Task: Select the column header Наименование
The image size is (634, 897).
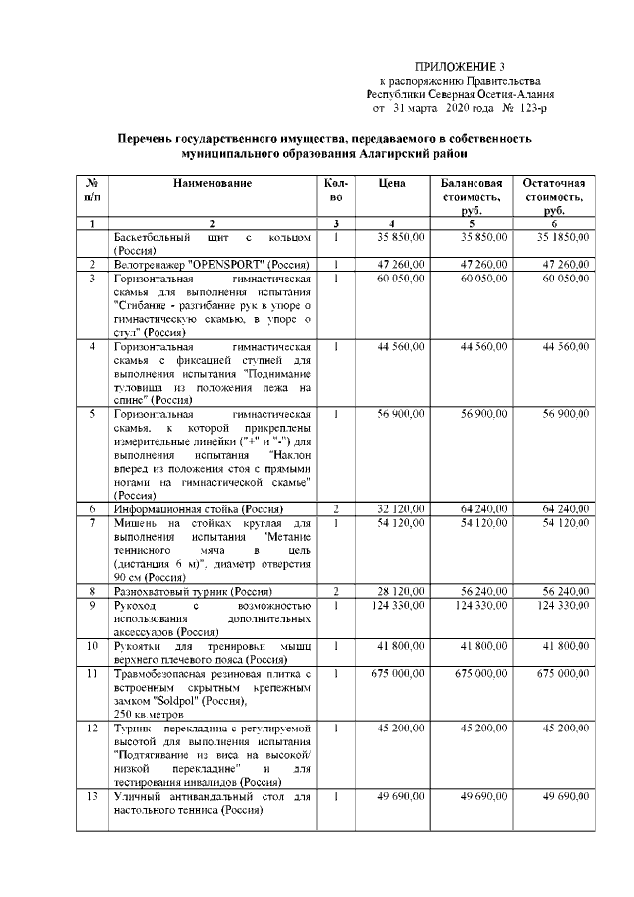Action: point(212,184)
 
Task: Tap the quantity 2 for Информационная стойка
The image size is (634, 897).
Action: point(337,507)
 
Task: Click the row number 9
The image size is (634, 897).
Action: point(91,605)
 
